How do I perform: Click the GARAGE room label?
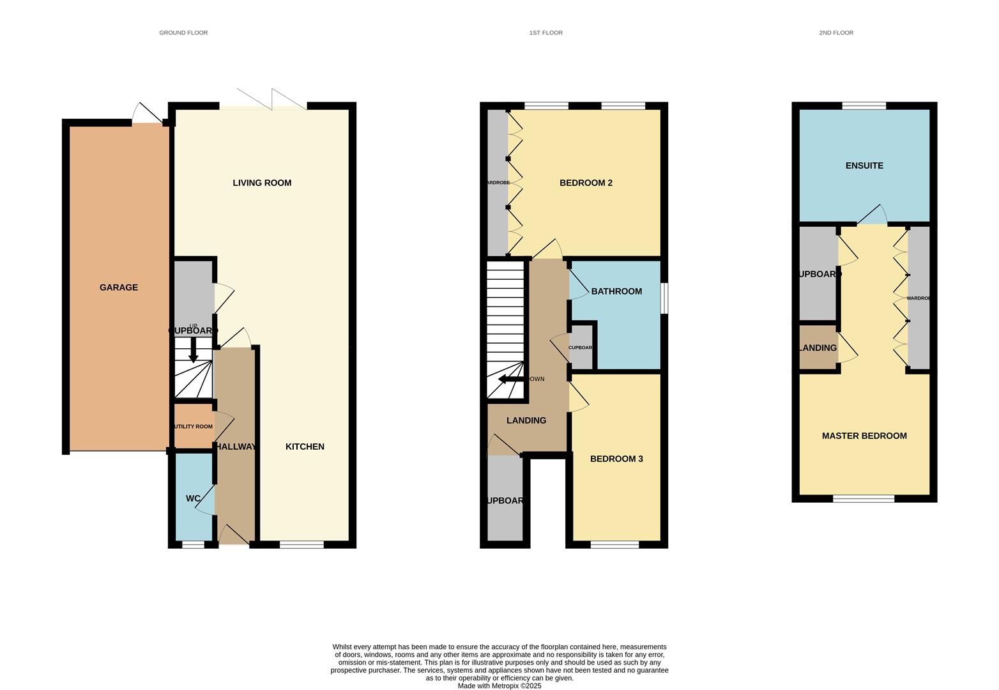tap(119, 287)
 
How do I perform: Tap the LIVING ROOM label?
tap(262, 183)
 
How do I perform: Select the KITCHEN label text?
tap(305, 447)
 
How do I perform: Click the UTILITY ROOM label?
tap(192, 427)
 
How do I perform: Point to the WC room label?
tap(193, 498)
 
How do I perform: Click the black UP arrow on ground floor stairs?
tap(193, 352)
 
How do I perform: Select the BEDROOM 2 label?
tap(586, 183)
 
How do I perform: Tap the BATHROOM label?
tap(616, 291)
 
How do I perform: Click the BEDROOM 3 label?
tap(616, 459)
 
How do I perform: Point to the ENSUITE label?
tap(864, 165)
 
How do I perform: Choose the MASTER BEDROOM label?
tap(864, 436)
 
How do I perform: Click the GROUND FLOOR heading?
tap(183, 33)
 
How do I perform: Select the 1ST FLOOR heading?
tap(545, 33)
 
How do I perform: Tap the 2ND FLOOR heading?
tap(836, 33)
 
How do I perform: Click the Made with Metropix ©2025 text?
tap(499, 686)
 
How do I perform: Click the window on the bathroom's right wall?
tap(664, 298)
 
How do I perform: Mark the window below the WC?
tap(193, 545)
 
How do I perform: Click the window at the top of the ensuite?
tap(864, 105)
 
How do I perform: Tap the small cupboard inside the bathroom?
tap(581, 348)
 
